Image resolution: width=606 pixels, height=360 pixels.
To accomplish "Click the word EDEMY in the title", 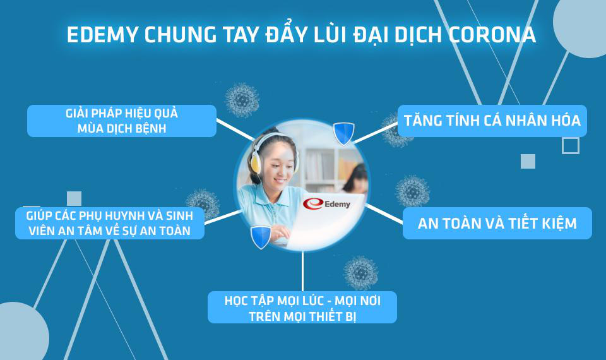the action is tap(102, 35).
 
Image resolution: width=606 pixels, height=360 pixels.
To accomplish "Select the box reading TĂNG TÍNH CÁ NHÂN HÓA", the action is tap(492, 121).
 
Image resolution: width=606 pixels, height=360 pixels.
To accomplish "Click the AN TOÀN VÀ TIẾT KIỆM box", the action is tap(497, 223).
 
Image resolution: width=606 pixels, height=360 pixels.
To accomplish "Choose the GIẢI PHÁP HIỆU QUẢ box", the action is tap(122, 121).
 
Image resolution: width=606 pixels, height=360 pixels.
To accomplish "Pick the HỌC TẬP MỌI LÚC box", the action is tap(302, 308).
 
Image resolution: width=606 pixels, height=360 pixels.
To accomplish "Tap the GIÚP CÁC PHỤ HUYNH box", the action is tap(110, 223).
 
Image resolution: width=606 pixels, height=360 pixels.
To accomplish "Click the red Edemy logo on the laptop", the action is tap(326, 204).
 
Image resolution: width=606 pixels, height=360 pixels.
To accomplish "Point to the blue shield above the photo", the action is tap(343, 133).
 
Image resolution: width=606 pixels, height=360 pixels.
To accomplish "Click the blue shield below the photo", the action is tap(261, 237).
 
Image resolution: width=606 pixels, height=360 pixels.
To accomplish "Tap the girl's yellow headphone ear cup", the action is tap(256, 163).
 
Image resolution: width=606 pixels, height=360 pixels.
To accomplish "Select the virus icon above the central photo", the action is tap(242, 100).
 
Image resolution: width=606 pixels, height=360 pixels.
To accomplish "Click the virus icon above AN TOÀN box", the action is tap(412, 191).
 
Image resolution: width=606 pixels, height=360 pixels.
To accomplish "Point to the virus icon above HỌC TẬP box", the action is tap(361, 273).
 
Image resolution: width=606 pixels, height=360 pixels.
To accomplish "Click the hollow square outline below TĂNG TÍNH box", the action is tap(571, 146).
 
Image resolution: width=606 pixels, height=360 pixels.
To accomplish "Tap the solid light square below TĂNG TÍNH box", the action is tap(528, 161).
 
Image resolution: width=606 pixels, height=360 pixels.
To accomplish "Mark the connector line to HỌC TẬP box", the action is tap(302, 272).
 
